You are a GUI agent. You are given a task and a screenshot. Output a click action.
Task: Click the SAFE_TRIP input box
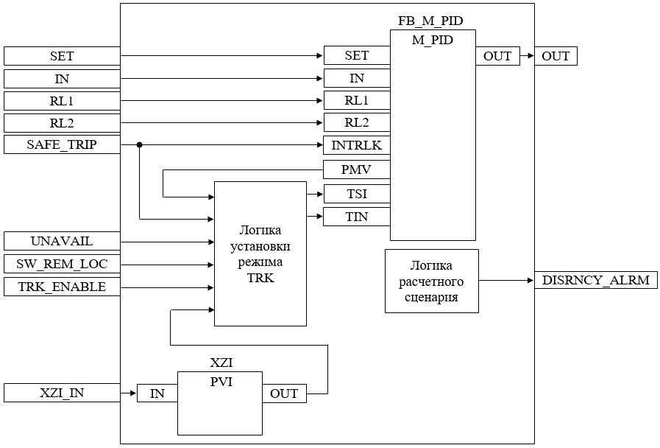pyautogui.click(x=62, y=145)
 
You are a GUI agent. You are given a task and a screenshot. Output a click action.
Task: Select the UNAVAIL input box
pyautogui.click(x=62, y=241)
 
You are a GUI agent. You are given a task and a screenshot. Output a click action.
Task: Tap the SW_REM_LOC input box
pyautogui.click(x=62, y=264)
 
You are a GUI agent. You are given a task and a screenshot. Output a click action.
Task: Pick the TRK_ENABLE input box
pyautogui.click(x=62, y=287)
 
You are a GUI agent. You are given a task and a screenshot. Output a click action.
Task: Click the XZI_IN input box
pyautogui.click(x=62, y=393)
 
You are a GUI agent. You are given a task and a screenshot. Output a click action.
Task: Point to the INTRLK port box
pyautogui.click(x=357, y=145)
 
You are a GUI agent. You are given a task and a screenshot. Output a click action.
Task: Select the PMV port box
pyautogui.click(x=357, y=170)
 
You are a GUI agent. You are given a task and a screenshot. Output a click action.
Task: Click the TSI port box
pyautogui.click(x=357, y=195)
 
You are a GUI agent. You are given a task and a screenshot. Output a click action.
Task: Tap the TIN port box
pyautogui.click(x=357, y=217)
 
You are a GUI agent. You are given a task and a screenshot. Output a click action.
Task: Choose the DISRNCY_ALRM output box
pyautogui.click(x=595, y=280)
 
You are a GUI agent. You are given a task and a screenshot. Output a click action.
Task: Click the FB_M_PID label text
pyautogui.click(x=430, y=21)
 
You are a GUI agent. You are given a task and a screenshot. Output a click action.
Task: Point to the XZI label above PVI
pyautogui.click(x=221, y=363)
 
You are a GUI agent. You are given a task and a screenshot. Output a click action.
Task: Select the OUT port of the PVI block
pyautogui.click(x=284, y=393)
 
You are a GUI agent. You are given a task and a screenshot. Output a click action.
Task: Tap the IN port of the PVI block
pyautogui.click(x=157, y=393)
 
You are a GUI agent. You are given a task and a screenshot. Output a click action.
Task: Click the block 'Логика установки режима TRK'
pyautogui.click(x=260, y=253)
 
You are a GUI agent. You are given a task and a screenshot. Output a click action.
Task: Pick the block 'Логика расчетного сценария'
pyautogui.click(x=432, y=281)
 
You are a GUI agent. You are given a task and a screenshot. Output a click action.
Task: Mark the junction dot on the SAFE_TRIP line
pyautogui.click(x=140, y=145)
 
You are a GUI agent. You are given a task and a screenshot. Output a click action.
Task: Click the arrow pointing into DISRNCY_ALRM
pyautogui.click(x=530, y=280)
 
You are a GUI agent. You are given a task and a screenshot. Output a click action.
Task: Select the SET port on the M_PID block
pyautogui.click(x=357, y=55)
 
